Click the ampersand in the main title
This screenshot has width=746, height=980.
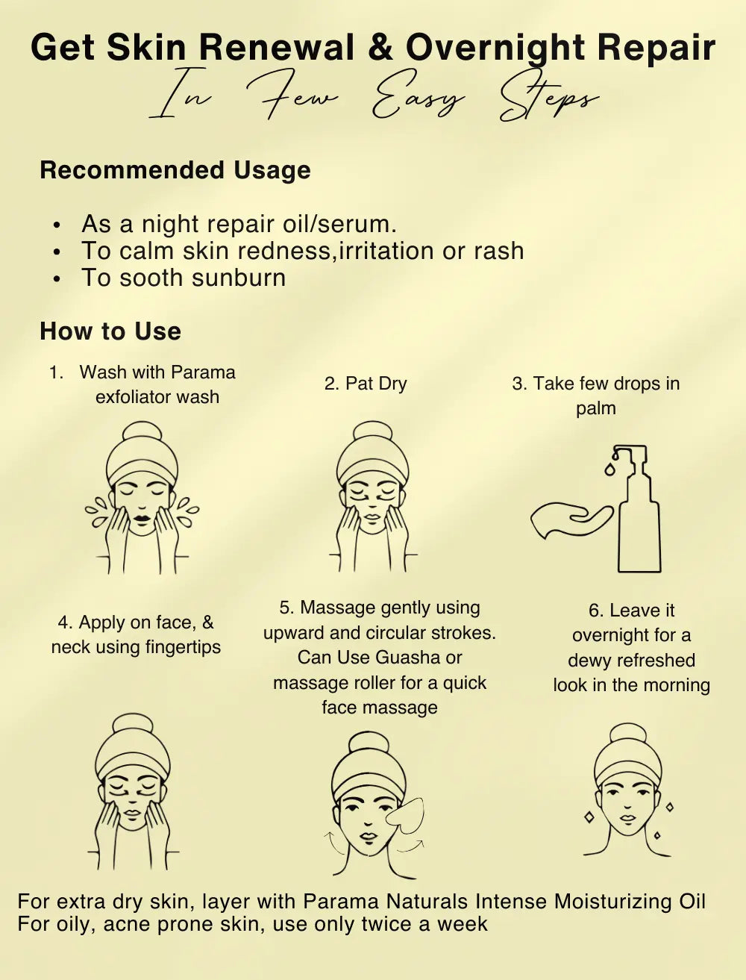(381, 48)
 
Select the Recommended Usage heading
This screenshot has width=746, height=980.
(175, 170)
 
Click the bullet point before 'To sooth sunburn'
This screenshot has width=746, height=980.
(56, 279)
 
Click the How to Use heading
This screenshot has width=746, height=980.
(110, 331)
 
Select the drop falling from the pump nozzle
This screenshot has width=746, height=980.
(609, 469)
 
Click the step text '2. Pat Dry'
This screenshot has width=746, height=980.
(366, 384)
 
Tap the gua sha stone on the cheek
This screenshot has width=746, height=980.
(405, 816)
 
